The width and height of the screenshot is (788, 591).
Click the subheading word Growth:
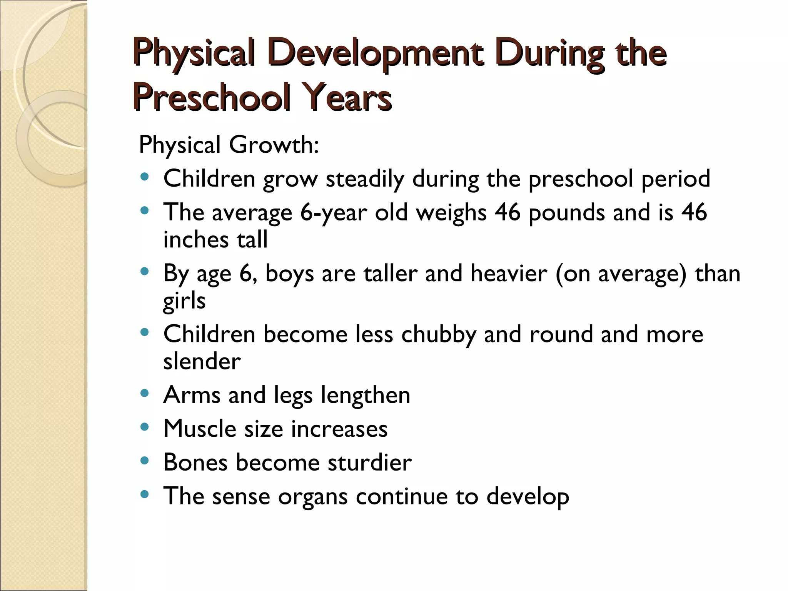tap(274, 145)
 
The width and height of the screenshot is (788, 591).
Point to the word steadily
tap(365, 179)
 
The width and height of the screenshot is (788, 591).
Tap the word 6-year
tap(333, 213)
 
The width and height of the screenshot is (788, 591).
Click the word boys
tap(289, 274)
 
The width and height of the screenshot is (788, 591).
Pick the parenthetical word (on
tap(573, 274)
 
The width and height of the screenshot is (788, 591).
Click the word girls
tap(184, 301)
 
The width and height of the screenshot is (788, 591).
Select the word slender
tap(202, 361)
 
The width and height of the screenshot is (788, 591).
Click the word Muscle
tap(199, 429)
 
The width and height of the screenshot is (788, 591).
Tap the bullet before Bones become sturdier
tap(145, 461)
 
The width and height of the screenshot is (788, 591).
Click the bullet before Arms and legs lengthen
tap(145, 393)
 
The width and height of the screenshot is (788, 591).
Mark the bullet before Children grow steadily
tap(145, 177)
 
